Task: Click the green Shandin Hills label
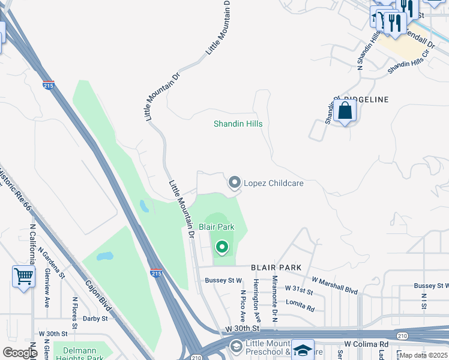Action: coord(238,124)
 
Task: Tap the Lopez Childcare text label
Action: coord(273,183)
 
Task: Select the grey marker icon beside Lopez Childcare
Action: coord(234,182)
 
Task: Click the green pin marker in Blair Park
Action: coord(222,247)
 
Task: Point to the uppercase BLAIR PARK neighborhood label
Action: coord(276,267)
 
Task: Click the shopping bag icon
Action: coord(346,111)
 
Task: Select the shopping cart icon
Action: coord(23,277)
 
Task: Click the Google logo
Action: coord(20,353)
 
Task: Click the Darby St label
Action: coord(95,319)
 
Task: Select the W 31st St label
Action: coord(299,291)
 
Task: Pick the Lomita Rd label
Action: coord(300,305)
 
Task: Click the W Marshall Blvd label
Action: coord(334,286)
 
